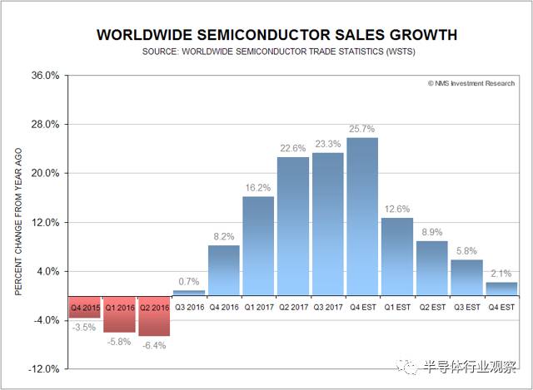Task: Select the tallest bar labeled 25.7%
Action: coord(362,216)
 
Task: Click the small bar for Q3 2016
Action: coord(189,293)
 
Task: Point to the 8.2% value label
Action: coord(224,237)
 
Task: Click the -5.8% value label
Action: coord(120,341)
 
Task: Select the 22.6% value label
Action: coord(292,148)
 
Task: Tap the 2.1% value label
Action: coord(501,274)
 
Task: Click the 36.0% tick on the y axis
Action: coord(46,76)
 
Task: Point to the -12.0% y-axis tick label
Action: coord(44,368)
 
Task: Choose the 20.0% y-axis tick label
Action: coord(46,173)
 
